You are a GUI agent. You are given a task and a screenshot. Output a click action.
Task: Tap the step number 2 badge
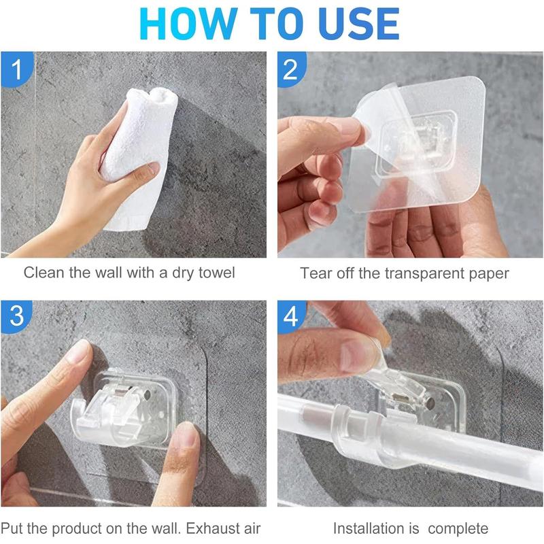[x=290, y=69]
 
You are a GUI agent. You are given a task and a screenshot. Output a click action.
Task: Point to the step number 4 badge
[x=290, y=317]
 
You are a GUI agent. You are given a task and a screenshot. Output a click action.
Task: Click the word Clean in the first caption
[x=42, y=273]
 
